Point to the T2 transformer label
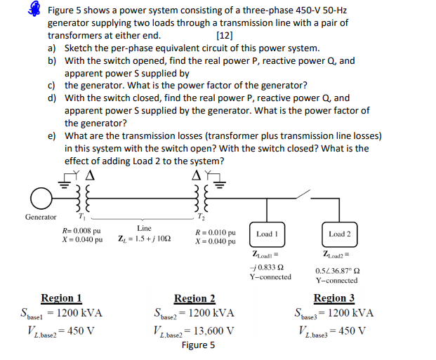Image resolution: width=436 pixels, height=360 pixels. [208, 218]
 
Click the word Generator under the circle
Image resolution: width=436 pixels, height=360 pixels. [41, 217]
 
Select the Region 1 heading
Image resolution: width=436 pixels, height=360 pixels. [61, 298]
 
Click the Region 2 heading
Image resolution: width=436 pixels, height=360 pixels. [194, 298]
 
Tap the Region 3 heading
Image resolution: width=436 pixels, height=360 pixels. [334, 298]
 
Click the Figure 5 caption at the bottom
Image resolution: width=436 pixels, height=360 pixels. [198, 345]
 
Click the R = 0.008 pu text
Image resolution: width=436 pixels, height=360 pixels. [82, 229]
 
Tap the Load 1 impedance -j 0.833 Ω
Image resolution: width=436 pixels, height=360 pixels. [270, 267]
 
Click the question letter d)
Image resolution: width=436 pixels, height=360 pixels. [52, 98]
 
